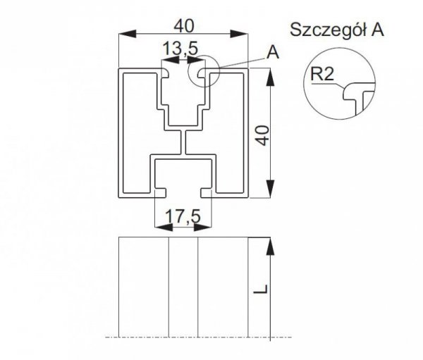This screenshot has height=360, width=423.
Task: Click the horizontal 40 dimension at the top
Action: point(184,27)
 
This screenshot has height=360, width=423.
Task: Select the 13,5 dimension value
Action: point(180,49)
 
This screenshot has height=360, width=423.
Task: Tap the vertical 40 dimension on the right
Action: point(262,135)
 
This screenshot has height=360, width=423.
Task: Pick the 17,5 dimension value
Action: point(183,216)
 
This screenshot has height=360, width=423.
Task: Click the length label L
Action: point(262,289)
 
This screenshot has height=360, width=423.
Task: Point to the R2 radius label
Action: point(322,74)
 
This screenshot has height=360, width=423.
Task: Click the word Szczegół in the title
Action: point(329,30)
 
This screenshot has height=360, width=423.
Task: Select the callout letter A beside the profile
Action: point(273,52)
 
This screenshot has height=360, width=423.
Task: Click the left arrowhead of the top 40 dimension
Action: point(128,35)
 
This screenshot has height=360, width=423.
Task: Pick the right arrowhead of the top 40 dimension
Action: point(239,35)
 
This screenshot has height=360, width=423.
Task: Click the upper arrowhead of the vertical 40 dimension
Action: point(270,77)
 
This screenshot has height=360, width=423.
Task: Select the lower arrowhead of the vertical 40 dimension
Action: point(270,190)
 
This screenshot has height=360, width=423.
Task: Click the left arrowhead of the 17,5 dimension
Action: point(164,228)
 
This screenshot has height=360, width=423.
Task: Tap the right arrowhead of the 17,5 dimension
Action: point(203,228)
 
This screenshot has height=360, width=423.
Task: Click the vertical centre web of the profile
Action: point(183,142)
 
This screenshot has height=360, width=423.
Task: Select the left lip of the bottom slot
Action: point(161,193)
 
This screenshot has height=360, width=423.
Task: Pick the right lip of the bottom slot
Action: point(207,193)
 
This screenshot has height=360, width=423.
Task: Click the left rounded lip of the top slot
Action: point(165,73)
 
